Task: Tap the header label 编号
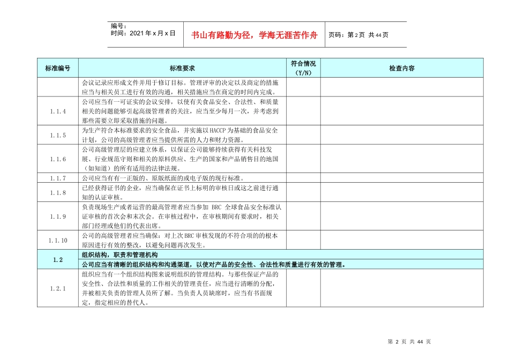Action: (118, 26)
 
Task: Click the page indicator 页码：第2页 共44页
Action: (358, 35)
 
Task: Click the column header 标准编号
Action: (58, 69)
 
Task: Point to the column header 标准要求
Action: (182, 69)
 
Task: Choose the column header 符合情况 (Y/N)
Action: (303, 68)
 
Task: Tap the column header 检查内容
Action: (402, 69)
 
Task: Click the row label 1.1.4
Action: (58, 111)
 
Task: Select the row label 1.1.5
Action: (58, 136)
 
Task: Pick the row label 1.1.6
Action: (58, 159)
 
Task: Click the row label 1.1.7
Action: (58, 178)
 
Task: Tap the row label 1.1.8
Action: (58, 192)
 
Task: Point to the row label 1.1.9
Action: (58, 216)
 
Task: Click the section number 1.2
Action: (58, 260)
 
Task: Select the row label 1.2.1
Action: (58, 289)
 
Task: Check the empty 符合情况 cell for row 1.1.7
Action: (303, 178)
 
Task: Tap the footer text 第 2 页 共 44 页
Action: (409, 342)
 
